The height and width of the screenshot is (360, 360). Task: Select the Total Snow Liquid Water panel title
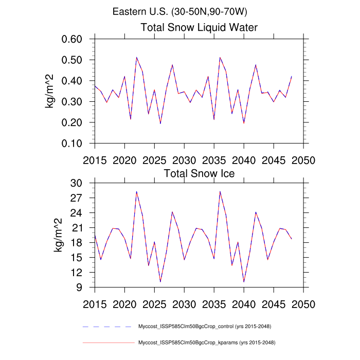[x=199, y=27]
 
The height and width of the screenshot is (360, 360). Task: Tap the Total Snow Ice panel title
[x=199, y=173]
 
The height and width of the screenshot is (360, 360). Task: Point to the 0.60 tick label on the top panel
[x=75, y=40]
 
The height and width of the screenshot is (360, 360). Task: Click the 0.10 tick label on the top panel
[x=75, y=143]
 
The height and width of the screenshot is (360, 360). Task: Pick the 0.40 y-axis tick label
[x=75, y=81]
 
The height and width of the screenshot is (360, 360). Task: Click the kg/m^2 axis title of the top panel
[x=51, y=92]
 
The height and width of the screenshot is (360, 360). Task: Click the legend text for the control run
[x=205, y=327]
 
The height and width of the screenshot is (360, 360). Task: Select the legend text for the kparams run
[x=205, y=343]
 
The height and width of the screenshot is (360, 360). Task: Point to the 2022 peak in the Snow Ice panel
[x=137, y=191]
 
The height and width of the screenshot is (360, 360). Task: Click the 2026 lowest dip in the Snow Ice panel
[x=160, y=282]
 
